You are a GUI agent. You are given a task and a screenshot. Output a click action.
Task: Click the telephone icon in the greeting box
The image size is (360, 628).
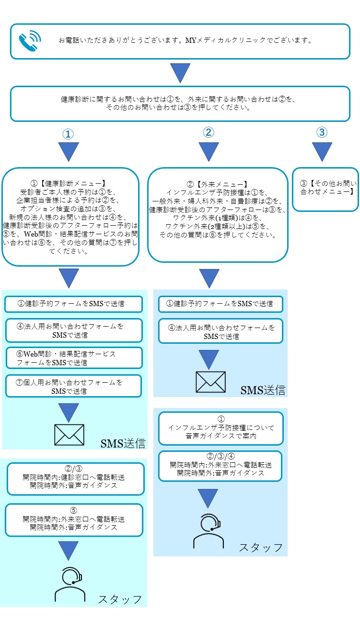(30, 41)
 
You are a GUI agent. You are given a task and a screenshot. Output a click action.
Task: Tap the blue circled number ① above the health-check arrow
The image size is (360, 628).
(68, 134)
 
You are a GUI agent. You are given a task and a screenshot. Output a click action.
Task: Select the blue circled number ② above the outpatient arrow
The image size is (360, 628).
(208, 133)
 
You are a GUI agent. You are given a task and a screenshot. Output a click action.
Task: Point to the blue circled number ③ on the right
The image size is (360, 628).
(322, 132)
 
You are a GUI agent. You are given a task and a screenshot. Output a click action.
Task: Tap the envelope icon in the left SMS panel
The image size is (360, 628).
(69, 435)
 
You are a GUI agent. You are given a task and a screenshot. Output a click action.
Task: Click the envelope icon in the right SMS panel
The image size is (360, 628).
(210, 382)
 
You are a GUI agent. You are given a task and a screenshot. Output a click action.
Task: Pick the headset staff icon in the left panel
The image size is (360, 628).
(70, 585)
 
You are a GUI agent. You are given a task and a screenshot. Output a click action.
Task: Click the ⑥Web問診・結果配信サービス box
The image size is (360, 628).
(74, 358)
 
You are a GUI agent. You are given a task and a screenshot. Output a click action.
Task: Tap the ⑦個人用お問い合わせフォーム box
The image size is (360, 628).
(74, 386)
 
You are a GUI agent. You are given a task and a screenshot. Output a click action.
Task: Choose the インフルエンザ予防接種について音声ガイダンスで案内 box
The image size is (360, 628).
(220, 428)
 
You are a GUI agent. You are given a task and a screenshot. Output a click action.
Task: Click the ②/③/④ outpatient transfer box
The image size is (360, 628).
(220, 465)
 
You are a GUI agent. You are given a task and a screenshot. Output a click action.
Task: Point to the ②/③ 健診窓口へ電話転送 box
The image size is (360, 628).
(75, 478)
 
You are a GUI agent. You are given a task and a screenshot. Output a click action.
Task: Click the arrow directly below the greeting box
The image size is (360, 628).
(180, 73)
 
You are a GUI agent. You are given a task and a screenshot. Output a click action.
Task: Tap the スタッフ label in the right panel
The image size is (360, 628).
(261, 547)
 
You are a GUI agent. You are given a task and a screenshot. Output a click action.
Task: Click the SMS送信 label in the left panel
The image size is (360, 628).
(123, 444)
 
